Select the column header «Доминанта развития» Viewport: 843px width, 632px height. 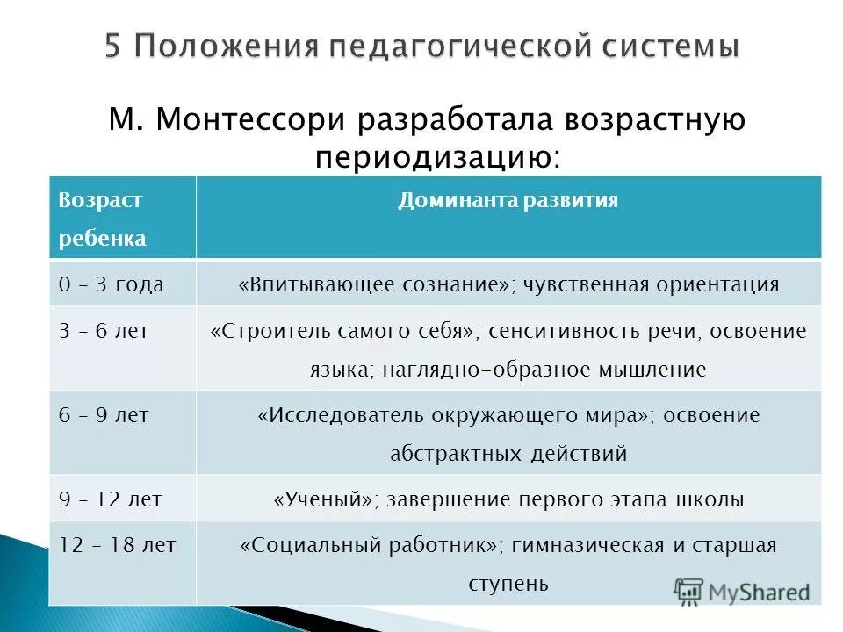508,201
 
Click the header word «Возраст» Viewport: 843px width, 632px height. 100,201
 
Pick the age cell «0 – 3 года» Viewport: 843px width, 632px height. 111,284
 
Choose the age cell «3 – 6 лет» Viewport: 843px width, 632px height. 104,331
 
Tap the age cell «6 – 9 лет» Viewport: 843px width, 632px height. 104,415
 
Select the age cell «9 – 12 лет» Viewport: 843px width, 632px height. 111,499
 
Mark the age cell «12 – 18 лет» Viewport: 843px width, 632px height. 118,545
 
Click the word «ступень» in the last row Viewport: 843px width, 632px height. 508,583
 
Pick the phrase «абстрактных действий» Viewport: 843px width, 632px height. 508,454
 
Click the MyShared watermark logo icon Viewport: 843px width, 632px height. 689,591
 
